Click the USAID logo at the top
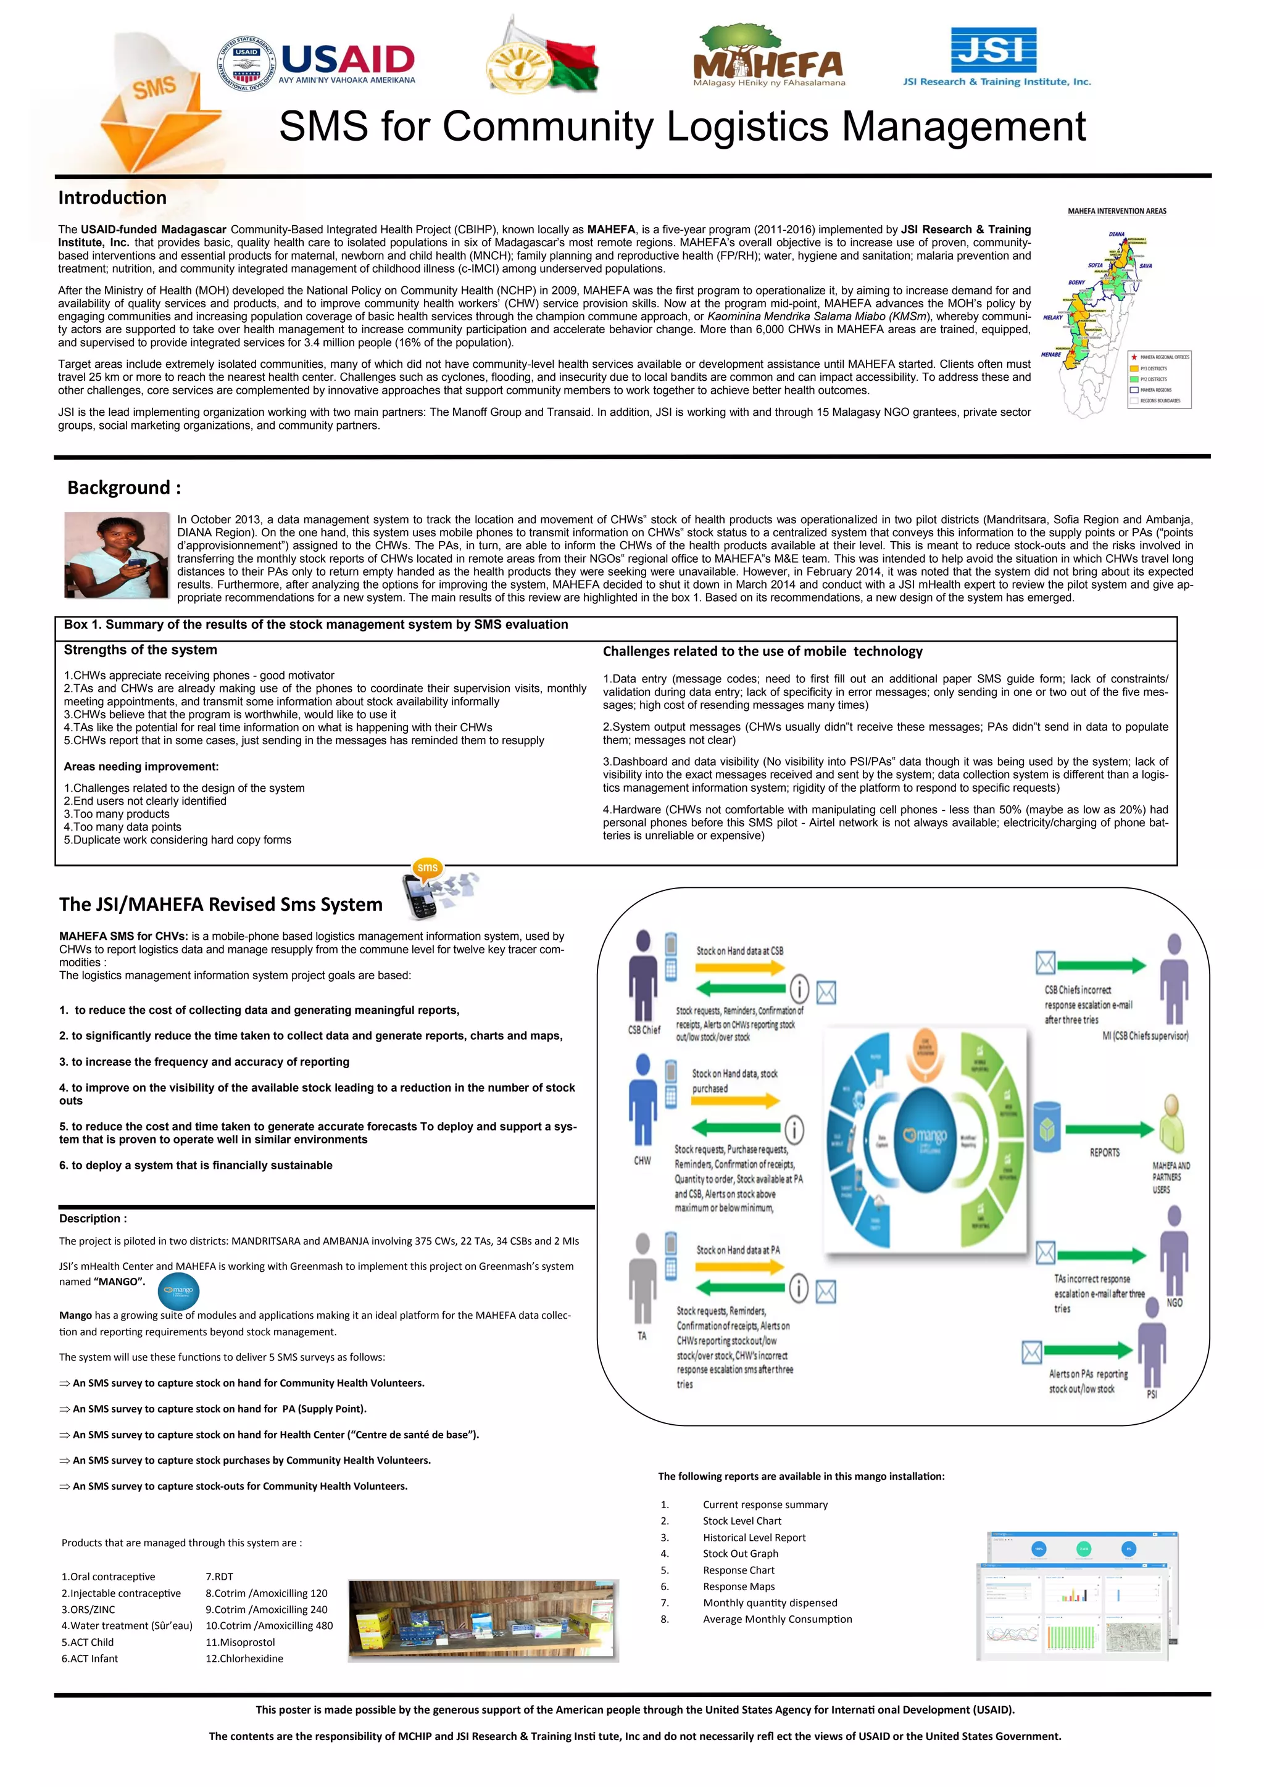point(316,63)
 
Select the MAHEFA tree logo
point(768,56)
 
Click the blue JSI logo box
point(994,50)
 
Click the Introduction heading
point(112,197)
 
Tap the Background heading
point(124,488)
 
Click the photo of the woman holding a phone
point(116,554)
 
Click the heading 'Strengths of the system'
point(140,650)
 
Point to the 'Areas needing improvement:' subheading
point(141,766)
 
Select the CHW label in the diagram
point(642,1161)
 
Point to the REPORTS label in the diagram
point(1104,1153)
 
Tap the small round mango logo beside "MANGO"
point(178,1292)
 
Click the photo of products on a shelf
point(483,1621)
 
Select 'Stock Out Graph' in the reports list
point(739,1554)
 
